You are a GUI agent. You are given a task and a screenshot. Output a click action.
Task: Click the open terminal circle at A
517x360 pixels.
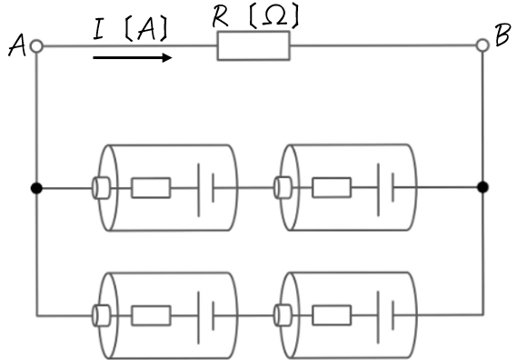(36, 46)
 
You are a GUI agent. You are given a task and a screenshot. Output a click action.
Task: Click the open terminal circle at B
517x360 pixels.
(482, 45)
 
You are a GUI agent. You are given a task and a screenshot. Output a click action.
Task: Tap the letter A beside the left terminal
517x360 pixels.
(17, 45)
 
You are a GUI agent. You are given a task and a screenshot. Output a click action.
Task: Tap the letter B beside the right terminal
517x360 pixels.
(502, 34)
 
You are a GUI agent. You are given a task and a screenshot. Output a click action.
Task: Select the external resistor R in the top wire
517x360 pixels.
(254, 45)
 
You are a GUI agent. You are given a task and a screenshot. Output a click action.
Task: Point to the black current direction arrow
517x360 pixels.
(133, 58)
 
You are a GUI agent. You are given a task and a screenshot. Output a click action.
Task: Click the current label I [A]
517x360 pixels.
(131, 28)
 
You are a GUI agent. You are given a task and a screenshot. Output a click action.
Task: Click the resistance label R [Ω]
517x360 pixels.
(255, 16)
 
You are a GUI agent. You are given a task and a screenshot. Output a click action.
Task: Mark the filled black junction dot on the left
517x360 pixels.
(36, 188)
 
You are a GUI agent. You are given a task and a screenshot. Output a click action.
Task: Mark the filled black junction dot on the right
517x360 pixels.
(482, 187)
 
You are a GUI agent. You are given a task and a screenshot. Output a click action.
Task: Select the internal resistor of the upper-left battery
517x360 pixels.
(151, 188)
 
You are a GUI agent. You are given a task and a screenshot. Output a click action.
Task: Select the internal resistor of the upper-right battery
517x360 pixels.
(332, 187)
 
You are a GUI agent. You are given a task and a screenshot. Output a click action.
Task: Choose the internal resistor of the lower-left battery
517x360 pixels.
(151, 315)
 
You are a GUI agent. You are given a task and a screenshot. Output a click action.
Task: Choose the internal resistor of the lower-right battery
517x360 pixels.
(332, 315)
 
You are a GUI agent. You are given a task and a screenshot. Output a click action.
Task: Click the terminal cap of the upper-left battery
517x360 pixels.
(101, 188)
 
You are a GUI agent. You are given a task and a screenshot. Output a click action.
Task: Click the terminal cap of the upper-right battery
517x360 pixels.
(283, 187)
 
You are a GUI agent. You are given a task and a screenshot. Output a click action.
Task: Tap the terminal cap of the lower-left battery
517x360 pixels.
(101, 316)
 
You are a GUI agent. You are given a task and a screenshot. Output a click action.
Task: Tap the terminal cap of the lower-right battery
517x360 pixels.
(283, 315)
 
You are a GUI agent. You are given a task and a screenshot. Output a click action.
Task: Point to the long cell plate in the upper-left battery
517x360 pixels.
(198, 190)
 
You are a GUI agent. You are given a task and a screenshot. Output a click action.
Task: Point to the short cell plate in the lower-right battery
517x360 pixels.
(393, 315)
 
